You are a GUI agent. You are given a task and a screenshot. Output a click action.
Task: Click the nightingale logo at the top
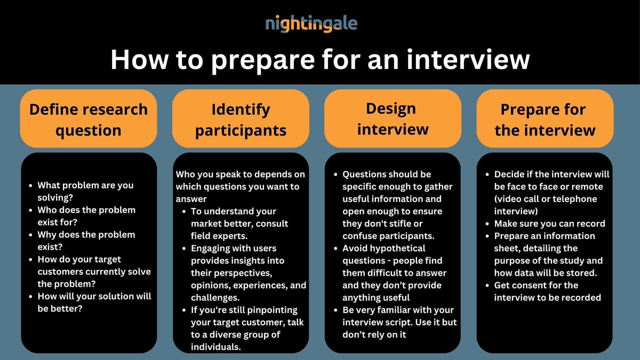click(311, 23)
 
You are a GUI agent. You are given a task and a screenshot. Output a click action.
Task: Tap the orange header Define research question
click(89, 119)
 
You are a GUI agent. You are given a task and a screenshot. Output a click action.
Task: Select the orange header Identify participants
click(241, 119)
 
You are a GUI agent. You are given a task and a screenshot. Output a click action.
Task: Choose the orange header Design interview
click(393, 118)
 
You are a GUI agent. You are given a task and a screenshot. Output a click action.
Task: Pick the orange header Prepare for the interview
click(545, 119)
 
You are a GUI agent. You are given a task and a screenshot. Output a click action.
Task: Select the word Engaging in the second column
click(212, 248)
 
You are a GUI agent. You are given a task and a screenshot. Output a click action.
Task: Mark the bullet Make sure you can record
click(549, 223)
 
